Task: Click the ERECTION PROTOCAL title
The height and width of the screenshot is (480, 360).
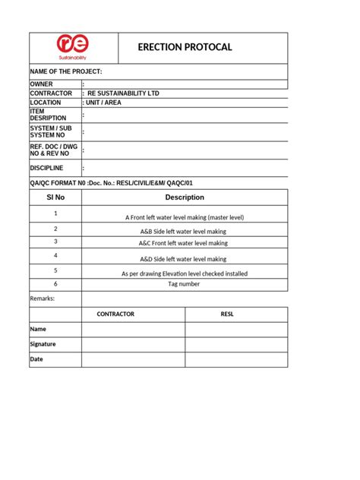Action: pos(185,47)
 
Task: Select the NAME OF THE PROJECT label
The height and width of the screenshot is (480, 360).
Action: pos(65,71)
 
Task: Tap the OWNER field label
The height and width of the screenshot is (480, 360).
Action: pos(43,84)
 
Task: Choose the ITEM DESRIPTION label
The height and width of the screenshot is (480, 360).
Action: pos(48,115)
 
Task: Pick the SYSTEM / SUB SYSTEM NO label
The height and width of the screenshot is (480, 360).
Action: pos(49,131)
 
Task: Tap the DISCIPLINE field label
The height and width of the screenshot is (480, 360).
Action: pos(47,168)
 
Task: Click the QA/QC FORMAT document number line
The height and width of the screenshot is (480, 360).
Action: pos(106,183)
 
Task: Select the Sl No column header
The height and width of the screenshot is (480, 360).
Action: pos(55,197)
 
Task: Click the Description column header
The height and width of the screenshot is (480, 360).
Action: pos(185,197)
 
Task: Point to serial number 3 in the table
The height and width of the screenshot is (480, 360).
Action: pos(55,242)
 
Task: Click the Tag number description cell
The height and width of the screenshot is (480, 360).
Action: pos(185,284)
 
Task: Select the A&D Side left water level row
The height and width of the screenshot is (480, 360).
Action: pos(185,259)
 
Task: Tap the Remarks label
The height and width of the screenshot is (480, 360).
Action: pos(43,298)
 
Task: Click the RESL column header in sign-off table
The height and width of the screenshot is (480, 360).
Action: pos(236,313)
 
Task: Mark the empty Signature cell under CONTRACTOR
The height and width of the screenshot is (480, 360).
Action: pos(133,344)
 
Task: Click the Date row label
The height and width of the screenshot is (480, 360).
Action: pos(37,359)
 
